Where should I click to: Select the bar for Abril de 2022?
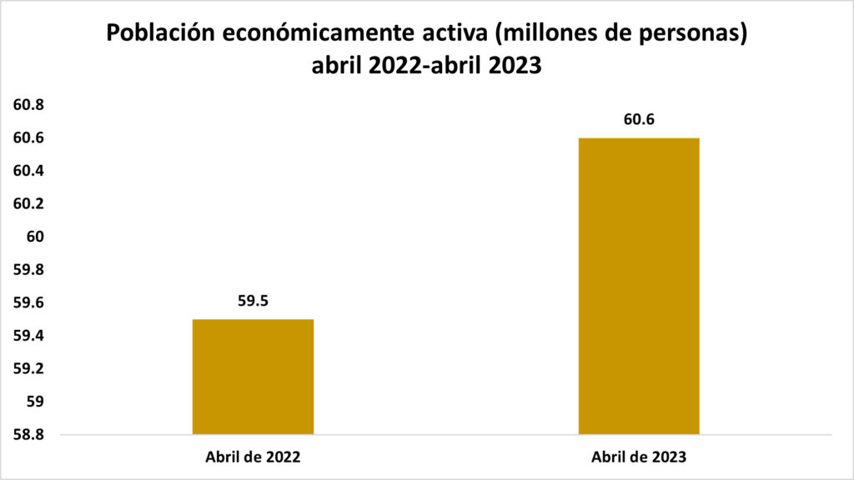(x=253, y=377)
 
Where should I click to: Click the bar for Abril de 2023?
(x=639, y=286)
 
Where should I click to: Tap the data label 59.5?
(x=253, y=301)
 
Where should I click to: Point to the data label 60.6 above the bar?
(x=639, y=119)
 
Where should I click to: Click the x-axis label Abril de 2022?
(x=253, y=457)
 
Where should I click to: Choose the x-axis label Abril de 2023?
(x=639, y=457)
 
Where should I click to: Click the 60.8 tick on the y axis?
(x=28, y=105)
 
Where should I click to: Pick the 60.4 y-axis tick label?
(x=28, y=171)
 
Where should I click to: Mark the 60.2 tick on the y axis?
(x=28, y=204)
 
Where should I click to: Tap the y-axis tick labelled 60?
(x=34, y=237)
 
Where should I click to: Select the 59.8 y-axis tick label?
(x=28, y=270)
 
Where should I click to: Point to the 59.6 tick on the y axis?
(x=28, y=303)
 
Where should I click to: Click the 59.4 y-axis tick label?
(x=28, y=336)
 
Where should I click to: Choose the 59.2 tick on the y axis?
(x=28, y=369)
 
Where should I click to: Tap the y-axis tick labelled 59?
(x=34, y=402)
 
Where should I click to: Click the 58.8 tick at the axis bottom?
(x=28, y=435)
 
